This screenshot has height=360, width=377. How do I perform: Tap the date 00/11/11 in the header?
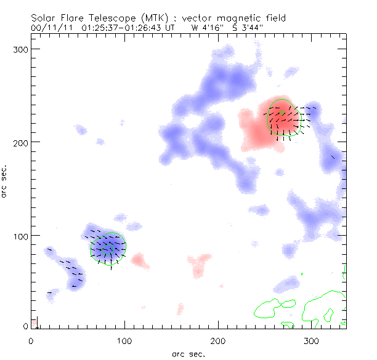[x=49, y=28]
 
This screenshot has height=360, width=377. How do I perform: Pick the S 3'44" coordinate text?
[x=247, y=28]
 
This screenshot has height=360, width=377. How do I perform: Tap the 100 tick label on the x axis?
[x=124, y=341]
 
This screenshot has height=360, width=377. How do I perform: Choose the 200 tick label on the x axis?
[x=218, y=341]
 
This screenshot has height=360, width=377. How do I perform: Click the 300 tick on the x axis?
[x=312, y=341]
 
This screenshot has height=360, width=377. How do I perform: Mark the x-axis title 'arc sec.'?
[x=188, y=354]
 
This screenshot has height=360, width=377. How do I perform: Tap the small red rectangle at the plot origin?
[x=36, y=322]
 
